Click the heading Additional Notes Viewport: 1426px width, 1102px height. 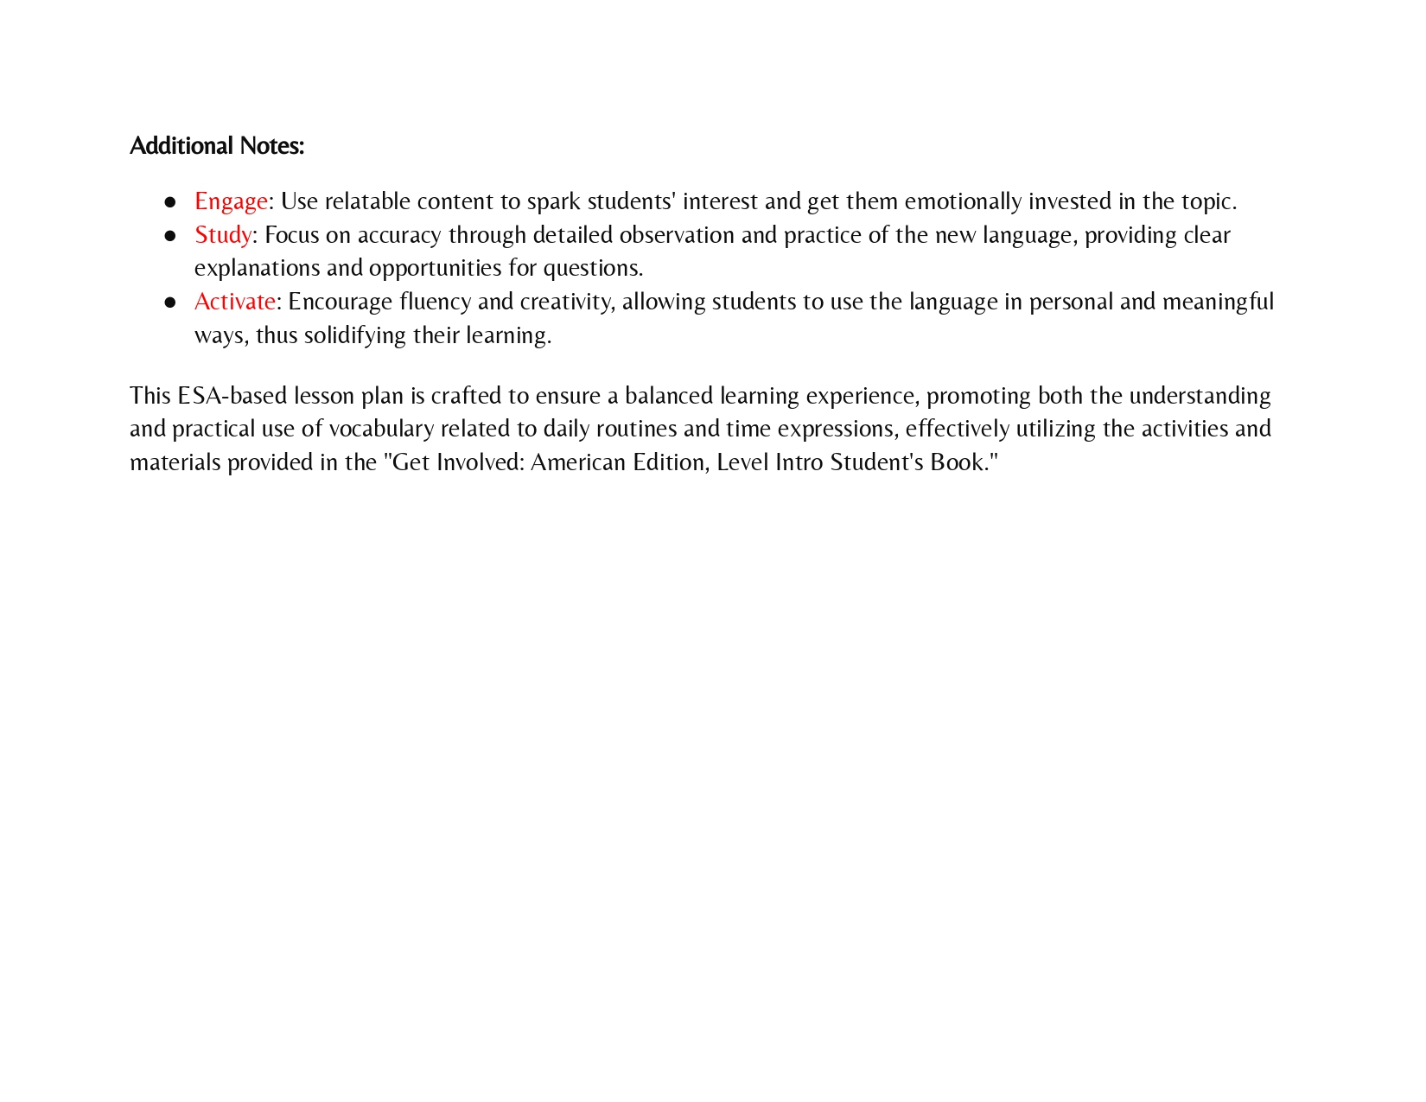click(x=217, y=146)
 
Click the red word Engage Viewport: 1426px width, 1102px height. click(x=231, y=201)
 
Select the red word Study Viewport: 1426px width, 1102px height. click(x=223, y=235)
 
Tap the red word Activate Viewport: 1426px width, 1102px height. click(x=235, y=302)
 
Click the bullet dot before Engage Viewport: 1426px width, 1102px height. click(x=170, y=202)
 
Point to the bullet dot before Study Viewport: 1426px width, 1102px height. click(x=170, y=236)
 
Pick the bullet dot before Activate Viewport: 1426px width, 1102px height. click(x=170, y=303)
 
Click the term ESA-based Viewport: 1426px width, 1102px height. click(x=232, y=396)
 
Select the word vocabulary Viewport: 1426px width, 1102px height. click(x=381, y=429)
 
